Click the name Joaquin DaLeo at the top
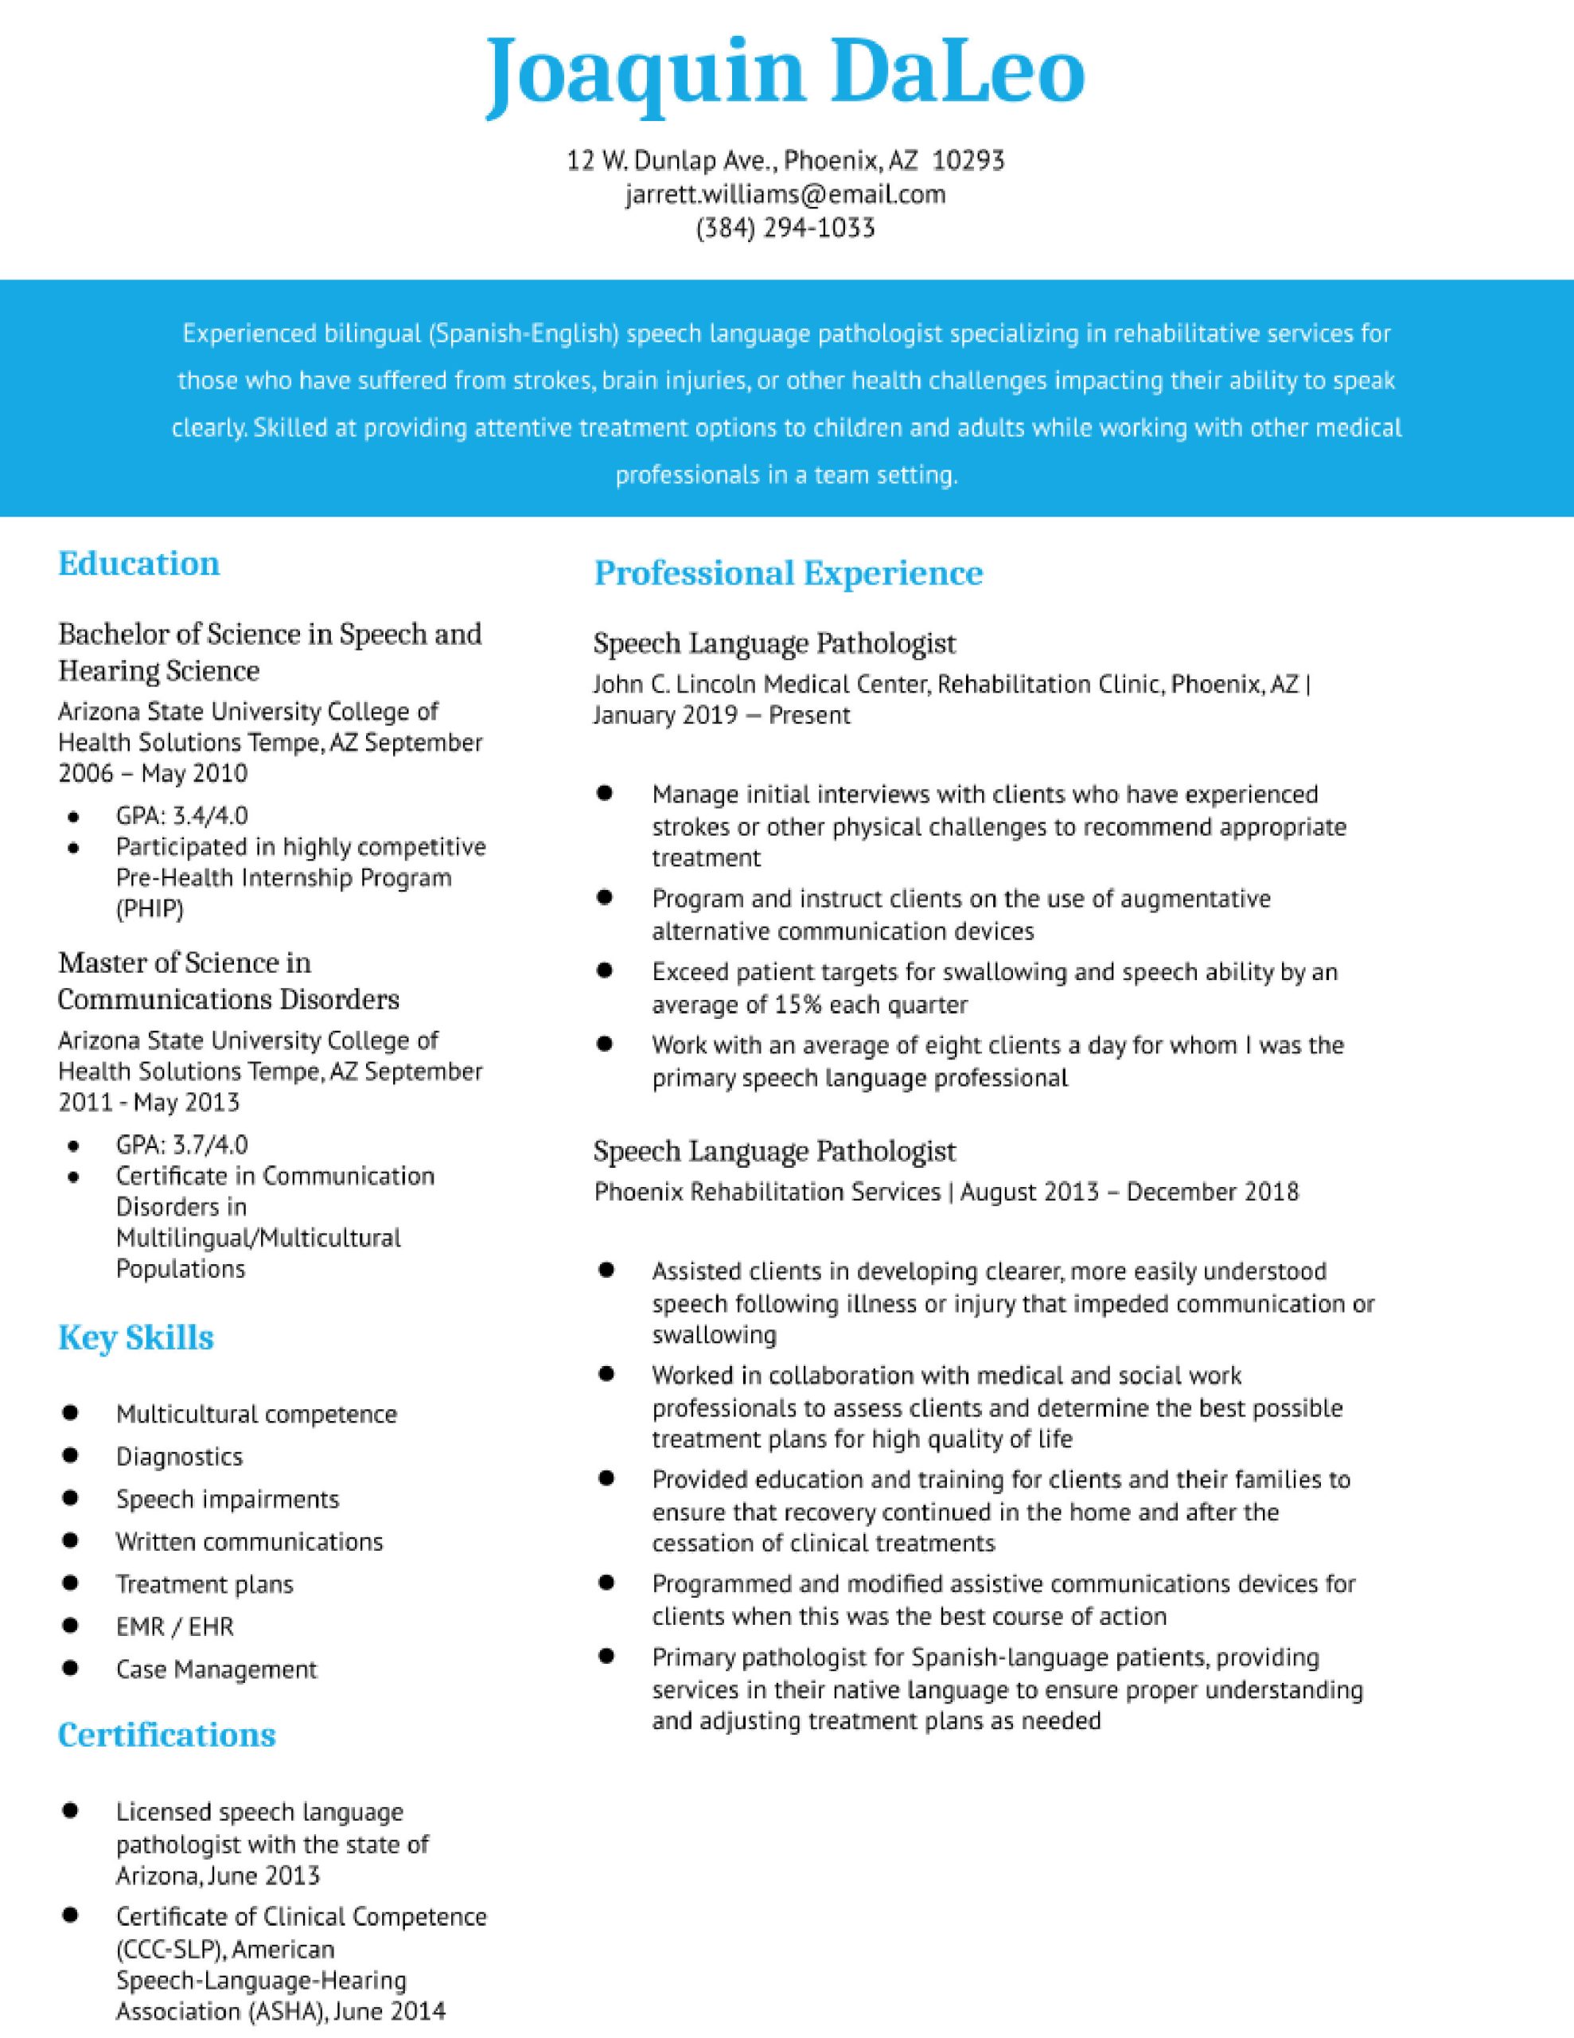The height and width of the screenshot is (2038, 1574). point(785,72)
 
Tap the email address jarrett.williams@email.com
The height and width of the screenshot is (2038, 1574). point(785,194)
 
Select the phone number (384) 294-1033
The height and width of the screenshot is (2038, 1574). point(785,228)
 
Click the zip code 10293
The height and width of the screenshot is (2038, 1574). point(968,161)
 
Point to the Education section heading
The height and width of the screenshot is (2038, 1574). point(139,564)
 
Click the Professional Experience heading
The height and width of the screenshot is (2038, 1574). point(789,573)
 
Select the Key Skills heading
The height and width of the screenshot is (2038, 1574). point(136,1338)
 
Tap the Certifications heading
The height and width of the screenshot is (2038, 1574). point(167,1735)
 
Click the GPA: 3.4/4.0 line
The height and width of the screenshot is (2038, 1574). point(182,815)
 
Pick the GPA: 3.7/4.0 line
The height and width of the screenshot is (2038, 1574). point(182,1145)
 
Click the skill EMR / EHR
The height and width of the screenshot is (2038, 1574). point(174,1626)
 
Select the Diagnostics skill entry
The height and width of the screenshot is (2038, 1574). point(179,1457)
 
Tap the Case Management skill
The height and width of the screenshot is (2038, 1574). point(216,1669)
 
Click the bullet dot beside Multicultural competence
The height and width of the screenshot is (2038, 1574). point(70,1413)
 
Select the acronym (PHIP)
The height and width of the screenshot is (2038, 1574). point(150,908)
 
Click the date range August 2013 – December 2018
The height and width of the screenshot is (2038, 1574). point(1129,1192)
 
